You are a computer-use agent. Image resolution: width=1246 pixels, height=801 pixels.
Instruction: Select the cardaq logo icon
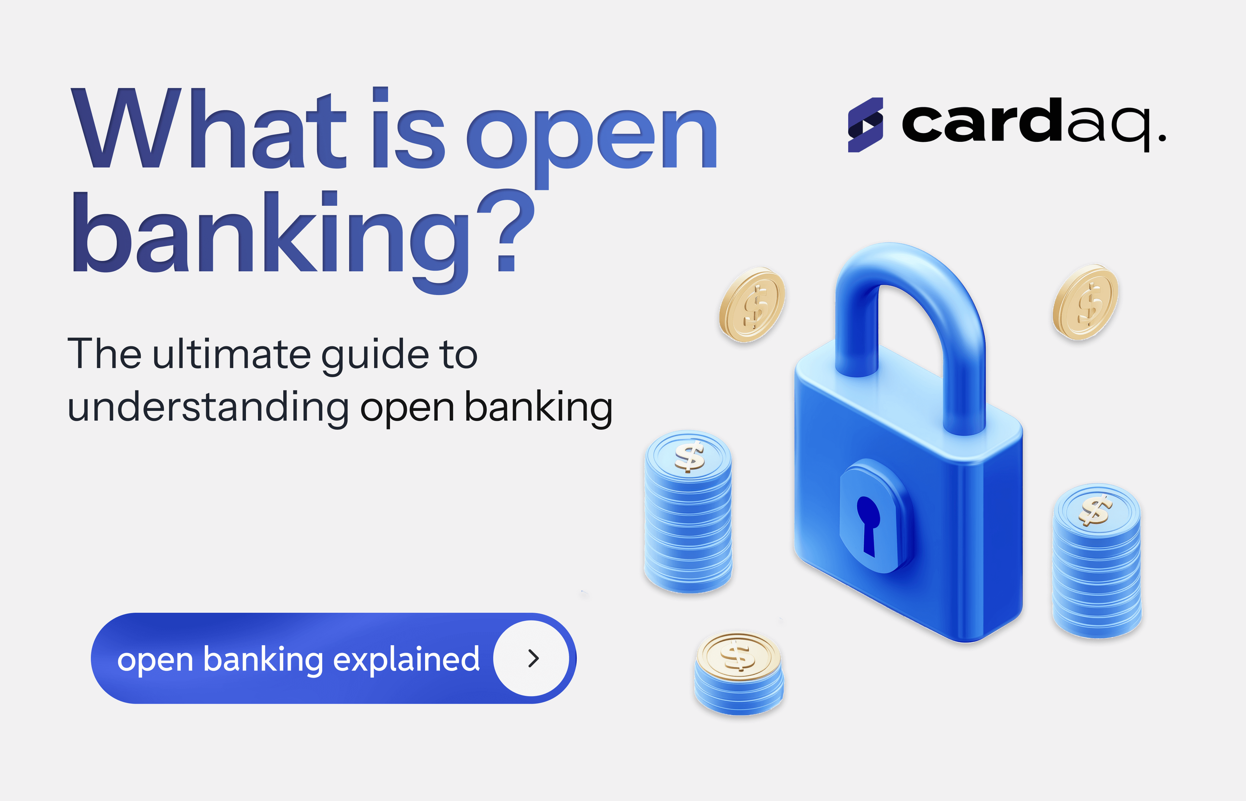pyautogui.click(x=865, y=125)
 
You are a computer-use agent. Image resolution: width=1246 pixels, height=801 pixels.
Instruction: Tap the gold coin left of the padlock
pyautogui.click(x=752, y=305)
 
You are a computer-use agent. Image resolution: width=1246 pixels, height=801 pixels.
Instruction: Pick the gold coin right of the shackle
pyautogui.click(x=1085, y=302)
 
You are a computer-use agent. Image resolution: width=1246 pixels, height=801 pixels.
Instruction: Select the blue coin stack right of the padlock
pyautogui.click(x=1097, y=561)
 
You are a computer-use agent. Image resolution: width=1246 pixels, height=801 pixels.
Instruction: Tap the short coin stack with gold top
pyautogui.click(x=739, y=673)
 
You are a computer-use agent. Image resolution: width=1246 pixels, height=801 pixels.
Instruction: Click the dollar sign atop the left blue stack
pyautogui.click(x=689, y=456)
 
